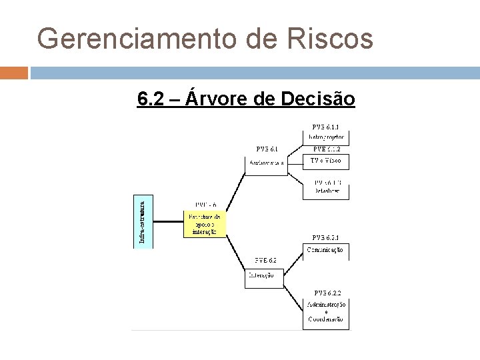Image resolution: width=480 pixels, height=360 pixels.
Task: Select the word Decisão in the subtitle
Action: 319,99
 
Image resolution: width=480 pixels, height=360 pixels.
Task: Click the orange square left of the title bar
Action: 14,72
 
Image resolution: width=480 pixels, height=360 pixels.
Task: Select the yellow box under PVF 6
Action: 205,224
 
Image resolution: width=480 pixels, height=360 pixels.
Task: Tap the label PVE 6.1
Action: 267,149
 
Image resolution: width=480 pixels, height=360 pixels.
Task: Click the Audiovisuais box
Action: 266,163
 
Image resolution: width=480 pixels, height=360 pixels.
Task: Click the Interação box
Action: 264,275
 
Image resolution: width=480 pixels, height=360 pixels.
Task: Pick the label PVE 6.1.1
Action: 326,127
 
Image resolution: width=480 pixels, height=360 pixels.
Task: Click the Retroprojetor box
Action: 326,137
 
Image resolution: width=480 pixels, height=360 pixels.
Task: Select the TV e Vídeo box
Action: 326,161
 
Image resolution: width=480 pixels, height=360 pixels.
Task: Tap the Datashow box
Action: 326,191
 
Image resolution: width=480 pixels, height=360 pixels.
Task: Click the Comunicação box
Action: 326,250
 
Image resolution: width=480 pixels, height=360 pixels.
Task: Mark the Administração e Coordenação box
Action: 326,312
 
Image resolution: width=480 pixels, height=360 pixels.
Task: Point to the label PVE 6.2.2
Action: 327,293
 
